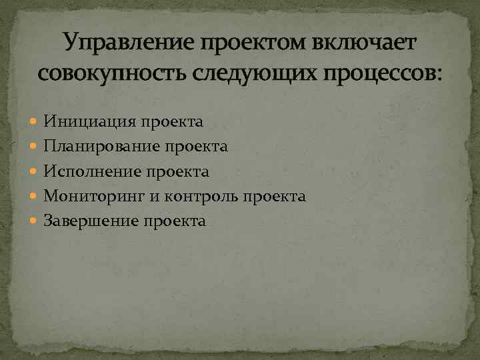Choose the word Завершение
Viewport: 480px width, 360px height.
point(91,221)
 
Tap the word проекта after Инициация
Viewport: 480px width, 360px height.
point(172,122)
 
